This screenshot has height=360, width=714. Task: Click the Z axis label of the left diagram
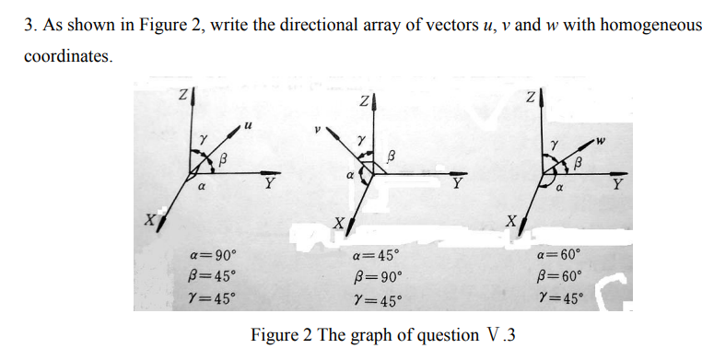[x=181, y=93]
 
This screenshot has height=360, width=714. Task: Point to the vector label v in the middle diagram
[x=317, y=131]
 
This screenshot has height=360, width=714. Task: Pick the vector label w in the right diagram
[x=603, y=140]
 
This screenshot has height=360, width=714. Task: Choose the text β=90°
[x=377, y=278]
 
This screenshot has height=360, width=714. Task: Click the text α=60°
[x=559, y=255]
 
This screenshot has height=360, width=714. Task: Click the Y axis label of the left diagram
[x=268, y=182]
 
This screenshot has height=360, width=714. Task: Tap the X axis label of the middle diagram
[x=339, y=222]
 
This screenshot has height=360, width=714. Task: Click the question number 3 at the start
[x=29, y=24]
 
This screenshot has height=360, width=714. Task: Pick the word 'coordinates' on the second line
[x=67, y=56]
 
